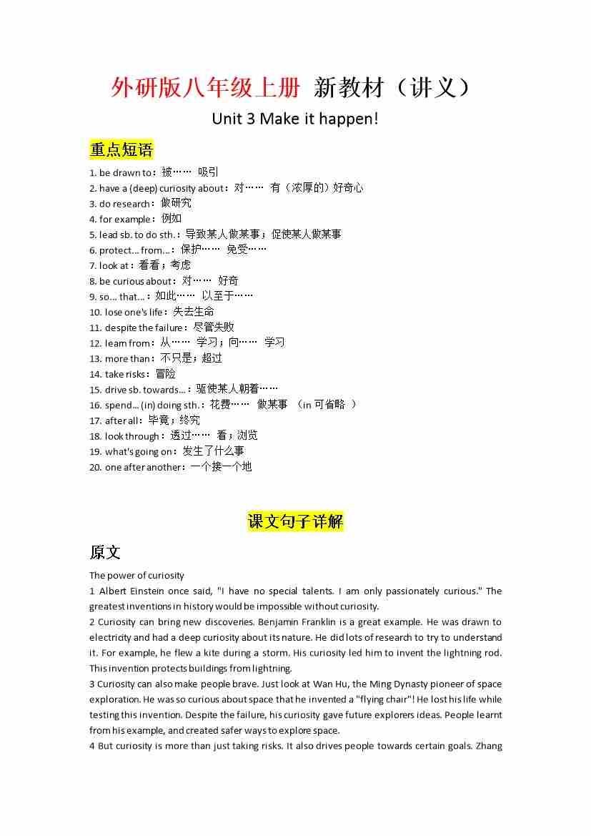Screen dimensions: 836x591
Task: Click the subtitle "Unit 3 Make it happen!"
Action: (x=295, y=119)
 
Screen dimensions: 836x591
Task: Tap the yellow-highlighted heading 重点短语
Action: (x=121, y=149)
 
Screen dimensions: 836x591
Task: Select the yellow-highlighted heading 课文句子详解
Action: (x=295, y=521)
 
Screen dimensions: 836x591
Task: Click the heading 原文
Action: (x=105, y=552)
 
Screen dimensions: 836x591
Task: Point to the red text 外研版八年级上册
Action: (x=206, y=88)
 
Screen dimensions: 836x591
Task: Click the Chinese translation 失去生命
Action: (x=194, y=312)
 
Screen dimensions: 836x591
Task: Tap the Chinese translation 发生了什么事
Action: (x=213, y=451)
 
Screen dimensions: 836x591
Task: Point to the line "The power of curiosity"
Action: (x=136, y=575)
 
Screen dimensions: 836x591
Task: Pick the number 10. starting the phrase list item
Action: (x=96, y=313)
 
